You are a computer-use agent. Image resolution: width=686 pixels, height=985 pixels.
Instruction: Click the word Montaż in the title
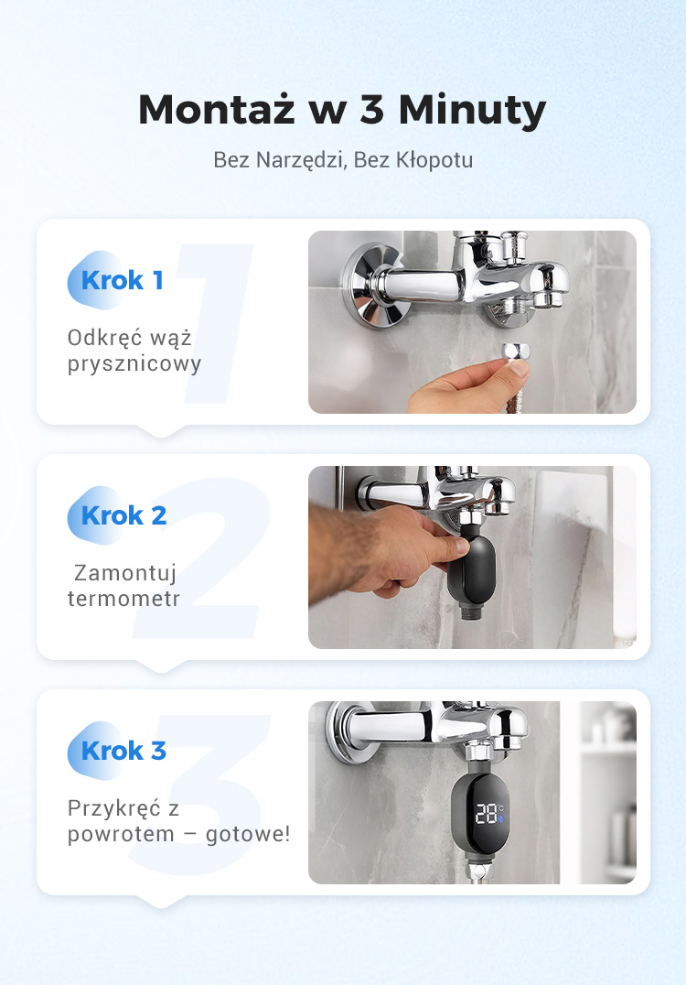(x=217, y=109)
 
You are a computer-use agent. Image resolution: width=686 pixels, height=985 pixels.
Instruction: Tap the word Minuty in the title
(x=472, y=111)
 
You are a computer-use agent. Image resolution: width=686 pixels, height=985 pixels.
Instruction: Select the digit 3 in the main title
(x=371, y=109)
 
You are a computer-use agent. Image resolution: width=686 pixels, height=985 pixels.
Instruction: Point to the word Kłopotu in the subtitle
(x=434, y=160)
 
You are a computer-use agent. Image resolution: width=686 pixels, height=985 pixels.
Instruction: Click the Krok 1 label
(x=122, y=280)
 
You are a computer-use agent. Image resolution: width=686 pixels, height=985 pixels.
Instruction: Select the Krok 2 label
(x=123, y=515)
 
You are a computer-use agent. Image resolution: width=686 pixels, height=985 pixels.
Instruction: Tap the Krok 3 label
(x=123, y=751)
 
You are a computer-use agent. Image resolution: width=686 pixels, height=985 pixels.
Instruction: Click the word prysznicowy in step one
(x=134, y=364)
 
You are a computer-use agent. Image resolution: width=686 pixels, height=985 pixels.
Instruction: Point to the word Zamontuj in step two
(x=125, y=573)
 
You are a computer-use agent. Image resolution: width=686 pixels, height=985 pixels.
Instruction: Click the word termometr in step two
(x=123, y=598)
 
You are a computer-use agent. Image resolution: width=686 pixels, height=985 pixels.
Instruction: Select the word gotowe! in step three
(x=248, y=834)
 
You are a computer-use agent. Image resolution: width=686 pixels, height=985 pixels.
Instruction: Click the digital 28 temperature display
(x=487, y=814)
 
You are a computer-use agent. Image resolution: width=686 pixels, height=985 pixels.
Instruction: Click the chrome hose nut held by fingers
(x=515, y=352)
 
